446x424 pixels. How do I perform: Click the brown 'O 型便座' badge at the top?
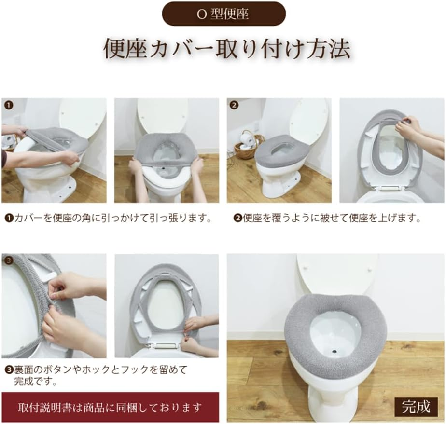click(223, 14)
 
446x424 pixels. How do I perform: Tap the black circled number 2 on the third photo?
click(234, 104)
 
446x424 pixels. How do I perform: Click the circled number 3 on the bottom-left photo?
click(8, 260)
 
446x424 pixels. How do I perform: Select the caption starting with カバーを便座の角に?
click(109, 218)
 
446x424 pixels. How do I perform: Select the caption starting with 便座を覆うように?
click(328, 218)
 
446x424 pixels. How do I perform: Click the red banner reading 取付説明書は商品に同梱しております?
click(110, 407)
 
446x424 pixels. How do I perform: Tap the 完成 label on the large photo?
click(416, 407)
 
